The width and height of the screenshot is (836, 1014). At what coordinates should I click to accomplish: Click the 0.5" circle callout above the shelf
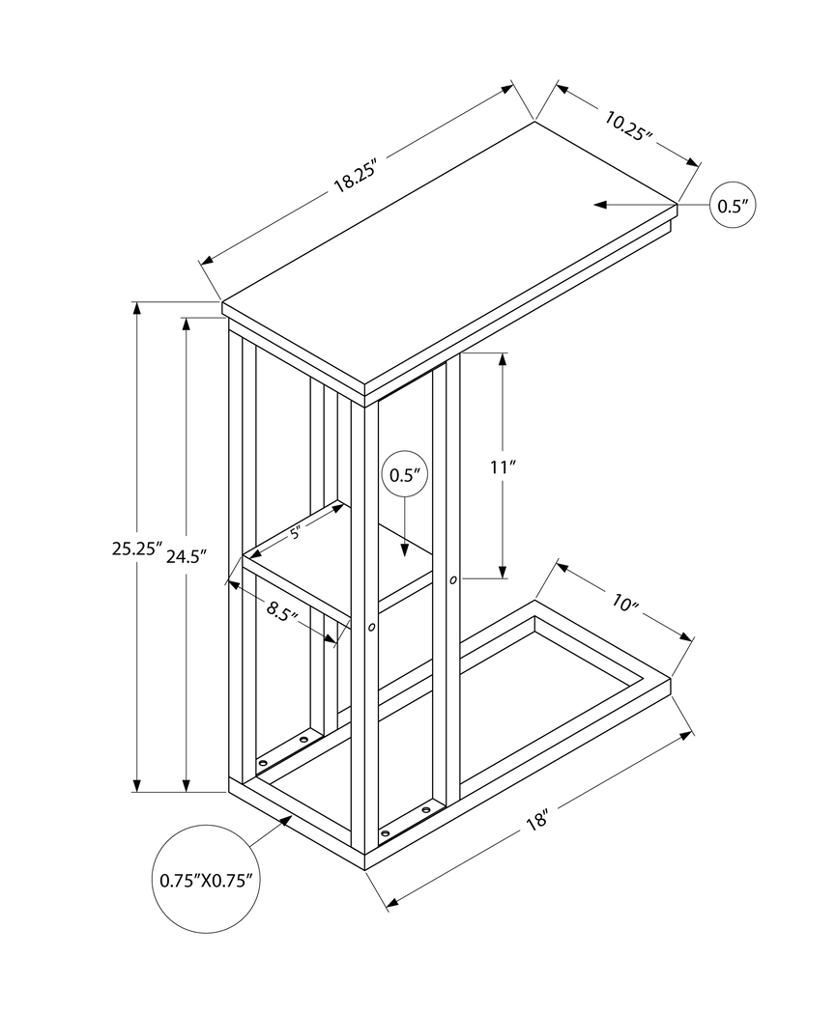coord(406,475)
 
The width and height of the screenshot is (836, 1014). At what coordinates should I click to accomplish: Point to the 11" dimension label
coord(503,466)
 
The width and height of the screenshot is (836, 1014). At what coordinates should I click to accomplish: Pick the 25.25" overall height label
coord(136,549)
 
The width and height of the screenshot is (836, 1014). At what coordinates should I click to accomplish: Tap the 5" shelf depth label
coord(296,530)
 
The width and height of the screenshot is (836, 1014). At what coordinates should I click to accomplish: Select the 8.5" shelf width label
coord(281,610)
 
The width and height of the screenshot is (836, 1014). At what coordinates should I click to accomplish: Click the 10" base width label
coord(626,605)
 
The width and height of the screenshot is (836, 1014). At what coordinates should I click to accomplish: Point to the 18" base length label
coord(538,821)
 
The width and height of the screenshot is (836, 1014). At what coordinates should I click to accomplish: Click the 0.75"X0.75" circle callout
coord(206,880)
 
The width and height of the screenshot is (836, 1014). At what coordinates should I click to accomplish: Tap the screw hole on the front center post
coord(372,627)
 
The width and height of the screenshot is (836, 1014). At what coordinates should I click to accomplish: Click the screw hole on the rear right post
coord(452,580)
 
